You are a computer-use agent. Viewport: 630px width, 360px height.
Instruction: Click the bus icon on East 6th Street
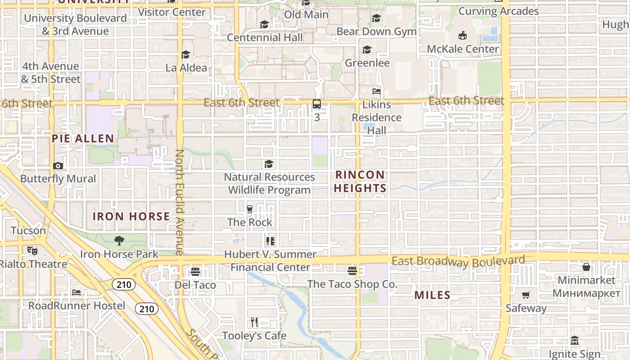click(x=317, y=104)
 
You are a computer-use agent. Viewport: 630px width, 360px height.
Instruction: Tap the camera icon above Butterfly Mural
click(x=58, y=166)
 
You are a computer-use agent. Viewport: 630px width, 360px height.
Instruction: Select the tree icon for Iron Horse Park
click(x=119, y=241)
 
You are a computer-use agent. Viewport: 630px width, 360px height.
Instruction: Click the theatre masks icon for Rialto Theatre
click(x=31, y=250)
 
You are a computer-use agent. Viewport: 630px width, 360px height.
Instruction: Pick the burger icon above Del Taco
click(x=195, y=272)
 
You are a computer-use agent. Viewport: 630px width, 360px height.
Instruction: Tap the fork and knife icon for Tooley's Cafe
click(x=254, y=322)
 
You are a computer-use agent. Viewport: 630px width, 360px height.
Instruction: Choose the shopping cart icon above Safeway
click(x=526, y=295)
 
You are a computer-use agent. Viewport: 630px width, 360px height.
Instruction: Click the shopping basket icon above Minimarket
click(x=586, y=267)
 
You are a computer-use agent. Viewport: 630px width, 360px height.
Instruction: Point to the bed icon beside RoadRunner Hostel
click(x=76, y=292)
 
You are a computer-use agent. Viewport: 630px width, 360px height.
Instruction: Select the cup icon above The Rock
click(x=250, y=209)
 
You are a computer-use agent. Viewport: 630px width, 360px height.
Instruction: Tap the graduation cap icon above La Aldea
click(x=185, y=55)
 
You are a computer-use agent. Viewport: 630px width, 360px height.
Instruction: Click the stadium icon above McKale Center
click(x=462, y=36)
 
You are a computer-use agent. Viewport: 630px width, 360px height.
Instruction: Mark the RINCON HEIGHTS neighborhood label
click(x=360, y=181)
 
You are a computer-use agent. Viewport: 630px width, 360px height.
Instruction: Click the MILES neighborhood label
click(x=432, y=295)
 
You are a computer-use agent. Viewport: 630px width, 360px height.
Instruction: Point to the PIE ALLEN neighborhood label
click(x=83, y=138)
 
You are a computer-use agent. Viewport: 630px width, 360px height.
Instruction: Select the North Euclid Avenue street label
click(x=179, y=202)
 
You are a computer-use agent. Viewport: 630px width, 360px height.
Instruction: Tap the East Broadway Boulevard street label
click(x=458, y=261)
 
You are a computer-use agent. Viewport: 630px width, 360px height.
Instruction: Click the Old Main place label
click(x=306, y=14)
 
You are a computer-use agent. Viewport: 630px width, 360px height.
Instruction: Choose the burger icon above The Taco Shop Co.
click(x=352, y=271)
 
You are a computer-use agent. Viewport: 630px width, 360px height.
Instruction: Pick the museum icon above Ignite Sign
click(x=574, y=341)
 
